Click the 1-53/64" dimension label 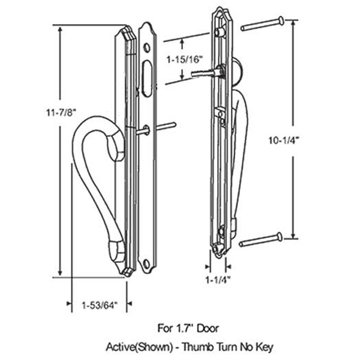99,305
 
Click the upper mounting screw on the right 262,25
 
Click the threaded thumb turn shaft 203,73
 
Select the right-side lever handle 235,162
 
